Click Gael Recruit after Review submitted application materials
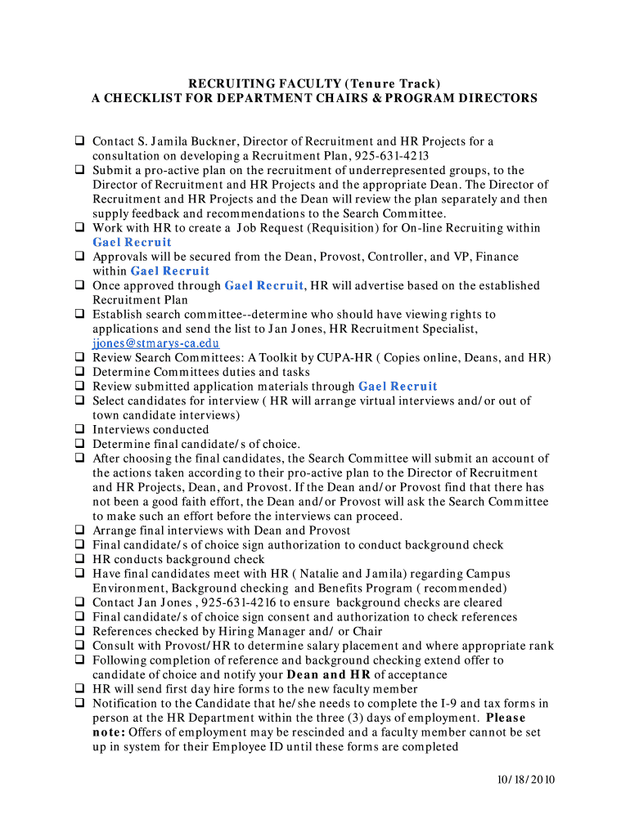click(x=398, y=387)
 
